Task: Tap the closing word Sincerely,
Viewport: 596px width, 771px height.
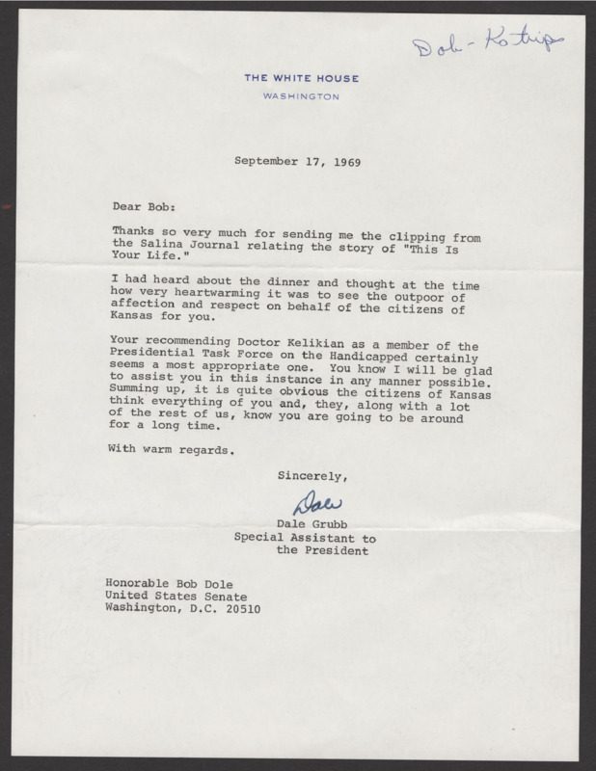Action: click(x=312, y=475)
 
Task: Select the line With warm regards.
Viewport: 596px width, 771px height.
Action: click(x=173, y=448)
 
